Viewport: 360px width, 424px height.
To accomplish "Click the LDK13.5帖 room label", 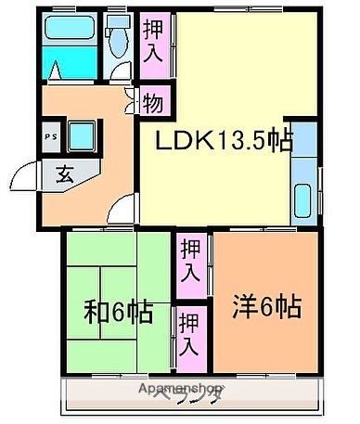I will click(x=223, y=141).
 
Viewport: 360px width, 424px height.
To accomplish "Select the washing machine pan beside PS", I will click(x=83, y=136).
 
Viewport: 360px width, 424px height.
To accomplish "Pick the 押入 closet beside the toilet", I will click(x=153, y=41).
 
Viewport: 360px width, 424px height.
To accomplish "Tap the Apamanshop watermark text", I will click(x=178, y=387).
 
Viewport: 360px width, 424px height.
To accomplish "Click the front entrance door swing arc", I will click(x=23, y=175).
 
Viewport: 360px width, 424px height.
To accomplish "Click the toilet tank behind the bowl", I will click(x=118, y=22).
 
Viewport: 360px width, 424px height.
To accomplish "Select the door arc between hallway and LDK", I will click(x=123, y=210).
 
